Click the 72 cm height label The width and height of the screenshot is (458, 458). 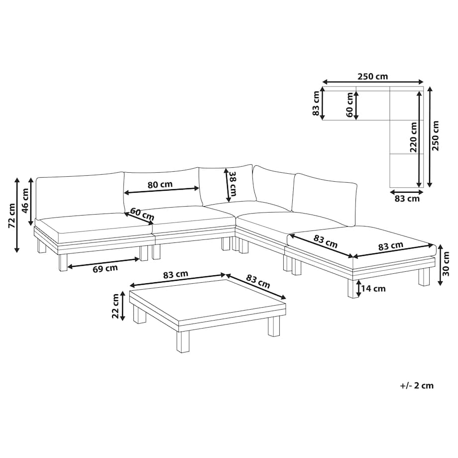11,216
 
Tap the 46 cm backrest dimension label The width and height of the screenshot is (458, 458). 25,201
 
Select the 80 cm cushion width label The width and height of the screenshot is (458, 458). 160,185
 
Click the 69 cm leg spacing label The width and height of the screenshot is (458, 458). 105,268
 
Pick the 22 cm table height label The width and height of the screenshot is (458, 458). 115,306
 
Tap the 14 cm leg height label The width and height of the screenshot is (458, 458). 373,289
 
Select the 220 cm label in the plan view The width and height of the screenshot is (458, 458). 413,137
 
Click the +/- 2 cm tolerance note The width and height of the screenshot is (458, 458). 417,385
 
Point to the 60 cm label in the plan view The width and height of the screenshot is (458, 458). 349,105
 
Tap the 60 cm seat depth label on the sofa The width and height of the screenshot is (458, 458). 142,214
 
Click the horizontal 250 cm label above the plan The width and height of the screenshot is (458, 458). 373,77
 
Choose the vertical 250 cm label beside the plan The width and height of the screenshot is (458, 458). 435,136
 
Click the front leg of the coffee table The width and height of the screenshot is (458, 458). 183,342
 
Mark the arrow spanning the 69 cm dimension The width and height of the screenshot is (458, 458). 104,262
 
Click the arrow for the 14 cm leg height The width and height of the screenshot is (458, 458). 358,288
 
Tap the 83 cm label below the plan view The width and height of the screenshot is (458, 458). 407,199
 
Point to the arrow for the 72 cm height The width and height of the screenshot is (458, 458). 17,215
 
